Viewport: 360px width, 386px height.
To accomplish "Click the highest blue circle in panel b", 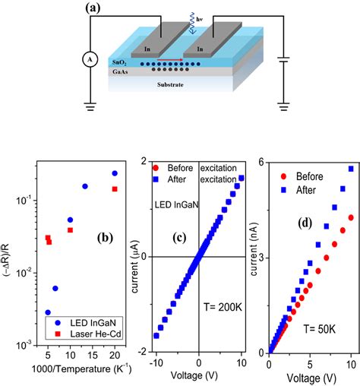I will pyautogui.click(x=115, y=173).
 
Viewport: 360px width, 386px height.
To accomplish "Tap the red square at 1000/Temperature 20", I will pyautogui.click(x=115, y=189).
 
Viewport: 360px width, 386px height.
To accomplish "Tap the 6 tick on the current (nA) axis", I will pyautogui.click(x=261, y=163).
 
